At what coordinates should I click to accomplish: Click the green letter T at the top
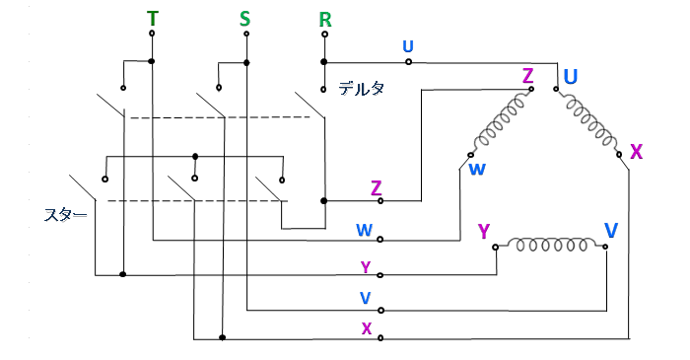(x=152, y=19)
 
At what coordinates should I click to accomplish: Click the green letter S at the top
(x=244, y=19)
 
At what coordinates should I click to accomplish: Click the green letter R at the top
(x=324, y=20)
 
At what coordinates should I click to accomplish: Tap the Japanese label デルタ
(x=362, y=89)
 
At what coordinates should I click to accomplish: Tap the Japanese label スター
(x=66, y=215)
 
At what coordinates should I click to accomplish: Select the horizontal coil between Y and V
(x=550, y=245)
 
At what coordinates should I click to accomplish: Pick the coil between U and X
(x=588, y=122)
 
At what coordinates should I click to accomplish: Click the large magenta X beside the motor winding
(x=637, y=152)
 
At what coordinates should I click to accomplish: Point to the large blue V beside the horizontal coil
(x=611, y=230)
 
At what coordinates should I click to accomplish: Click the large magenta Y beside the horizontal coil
(x=484, y=231)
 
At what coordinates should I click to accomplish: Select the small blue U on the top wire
(x=408, y=46)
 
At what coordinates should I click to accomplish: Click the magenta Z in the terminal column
(x=376, y=188)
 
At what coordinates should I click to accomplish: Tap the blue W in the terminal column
(x=365, y=230)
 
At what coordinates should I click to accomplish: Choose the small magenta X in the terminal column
(x=367, y=328)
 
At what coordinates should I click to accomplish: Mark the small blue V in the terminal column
(x=366, y=299)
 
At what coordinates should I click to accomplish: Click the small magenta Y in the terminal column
(x=366, y=267)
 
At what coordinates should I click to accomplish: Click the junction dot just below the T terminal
(x=152, y=61)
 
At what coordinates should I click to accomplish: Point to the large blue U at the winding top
(x=571, y=77)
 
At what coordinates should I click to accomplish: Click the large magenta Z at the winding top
(x=527, y=76)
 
